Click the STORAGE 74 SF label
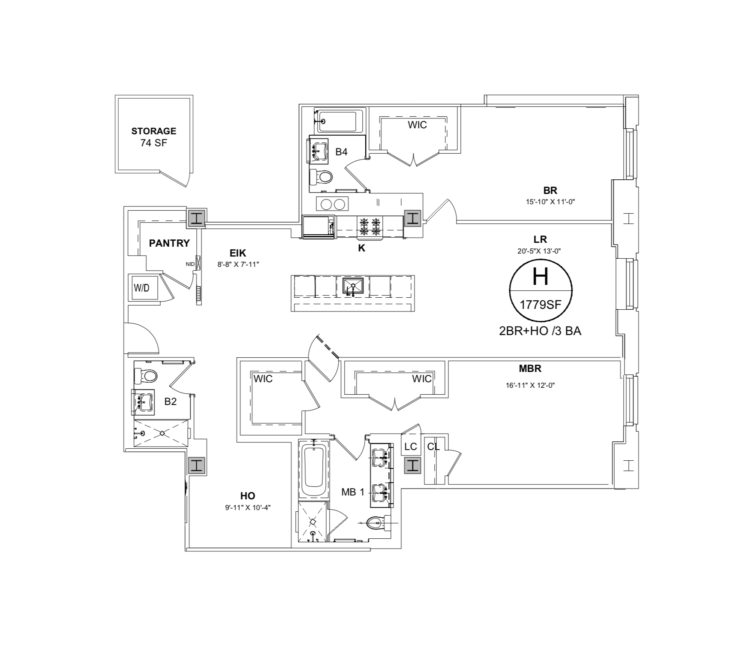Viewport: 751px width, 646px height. (153, 137)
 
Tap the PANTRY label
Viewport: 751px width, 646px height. (169, 243)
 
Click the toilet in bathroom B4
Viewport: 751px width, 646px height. (321, 176)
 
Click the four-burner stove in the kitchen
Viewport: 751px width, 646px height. (370, 227)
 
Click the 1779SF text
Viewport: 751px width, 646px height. (540, 305)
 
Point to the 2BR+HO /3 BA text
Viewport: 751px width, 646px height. (540, 331)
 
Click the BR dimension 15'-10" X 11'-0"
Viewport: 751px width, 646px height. (550, 202)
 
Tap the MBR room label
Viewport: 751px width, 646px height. (530, 368)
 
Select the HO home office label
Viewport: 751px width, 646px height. (248, 496)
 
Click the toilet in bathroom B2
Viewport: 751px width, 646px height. (147, 376)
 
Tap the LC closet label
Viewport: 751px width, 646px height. (410, 447)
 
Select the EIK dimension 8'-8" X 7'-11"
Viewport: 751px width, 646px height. (238, 265)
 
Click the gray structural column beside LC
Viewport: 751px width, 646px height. (412, 465)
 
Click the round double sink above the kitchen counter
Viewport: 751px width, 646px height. (333, 204)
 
